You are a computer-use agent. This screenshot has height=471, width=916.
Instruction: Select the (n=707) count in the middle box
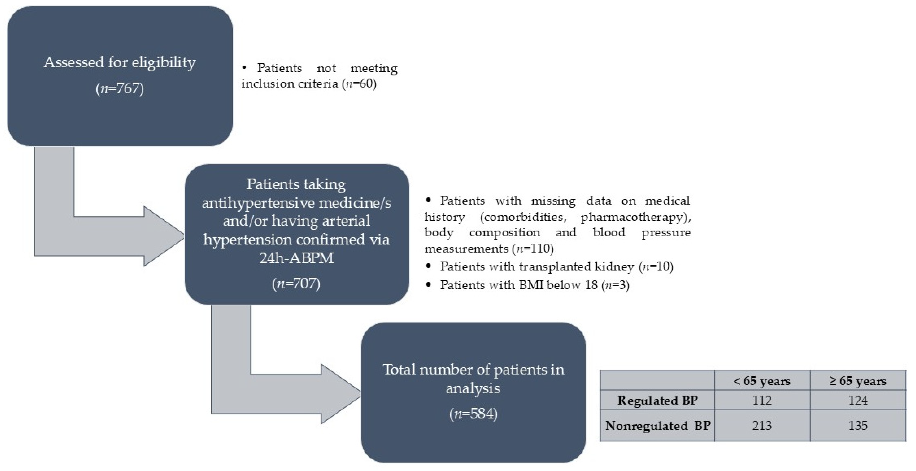pos(296,283)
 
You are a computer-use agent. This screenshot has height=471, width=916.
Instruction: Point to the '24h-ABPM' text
pos(296,258)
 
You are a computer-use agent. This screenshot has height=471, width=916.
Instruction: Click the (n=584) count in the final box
pos(473,413)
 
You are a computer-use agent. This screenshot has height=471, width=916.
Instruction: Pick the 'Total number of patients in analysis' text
pos(473,379)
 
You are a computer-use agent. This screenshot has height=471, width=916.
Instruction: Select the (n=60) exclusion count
pos(359,84)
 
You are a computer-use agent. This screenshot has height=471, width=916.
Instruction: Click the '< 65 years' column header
pos(762,381)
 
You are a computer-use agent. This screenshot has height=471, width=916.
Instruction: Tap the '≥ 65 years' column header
pos(858,381)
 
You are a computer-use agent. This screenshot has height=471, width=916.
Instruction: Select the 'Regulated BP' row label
pos(657,400)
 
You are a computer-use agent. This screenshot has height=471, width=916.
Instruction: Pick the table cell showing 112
pos(762,400)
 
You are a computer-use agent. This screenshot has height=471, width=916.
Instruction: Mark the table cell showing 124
pos(858,400)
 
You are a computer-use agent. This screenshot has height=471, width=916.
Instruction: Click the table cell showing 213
pos(762,426)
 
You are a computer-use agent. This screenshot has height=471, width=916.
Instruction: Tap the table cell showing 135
pos(858,426)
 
